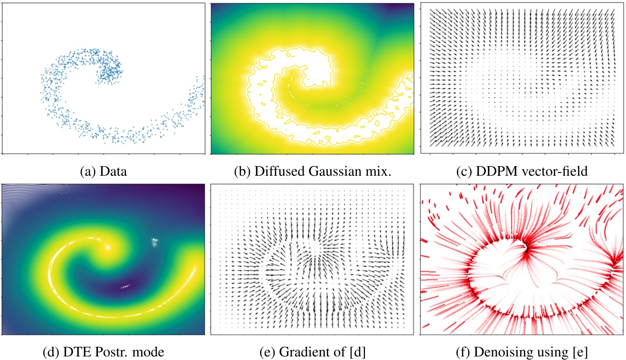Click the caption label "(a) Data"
[104, 171]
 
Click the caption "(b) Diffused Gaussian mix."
[313, 171]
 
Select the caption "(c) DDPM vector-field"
[522, 171]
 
